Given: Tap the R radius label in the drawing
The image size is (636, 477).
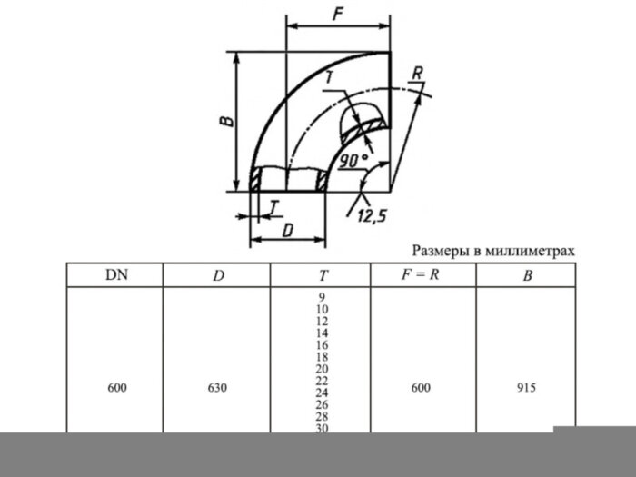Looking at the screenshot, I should pyautogui.click(x=416, y=72).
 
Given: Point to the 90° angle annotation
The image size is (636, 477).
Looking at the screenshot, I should pyautogui.click(x=353, y=161).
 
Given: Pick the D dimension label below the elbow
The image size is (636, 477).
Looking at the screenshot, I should pyautogui.click(x=287, y=230).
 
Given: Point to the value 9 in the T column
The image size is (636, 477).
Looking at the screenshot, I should pyautogui.click(x=322, y=297).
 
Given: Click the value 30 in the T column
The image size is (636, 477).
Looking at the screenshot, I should pyautogui.click(x=322, y=428).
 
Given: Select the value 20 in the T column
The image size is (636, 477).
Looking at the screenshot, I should pyautogui.click(x=322, y=369).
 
